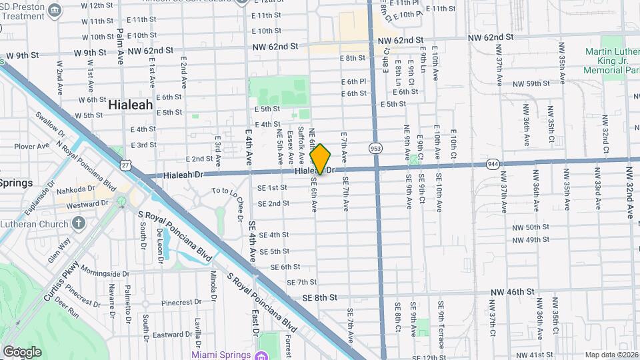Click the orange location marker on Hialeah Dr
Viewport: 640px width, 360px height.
point(321,159)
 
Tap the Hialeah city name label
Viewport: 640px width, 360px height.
point(130,105)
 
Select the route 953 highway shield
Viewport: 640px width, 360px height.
point(376,149)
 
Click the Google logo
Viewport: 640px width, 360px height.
point(22,351)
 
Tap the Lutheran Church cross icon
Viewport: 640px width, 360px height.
point(79,222)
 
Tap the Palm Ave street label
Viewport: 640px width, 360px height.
point(120,46)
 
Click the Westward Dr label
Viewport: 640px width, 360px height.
point(83,205)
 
